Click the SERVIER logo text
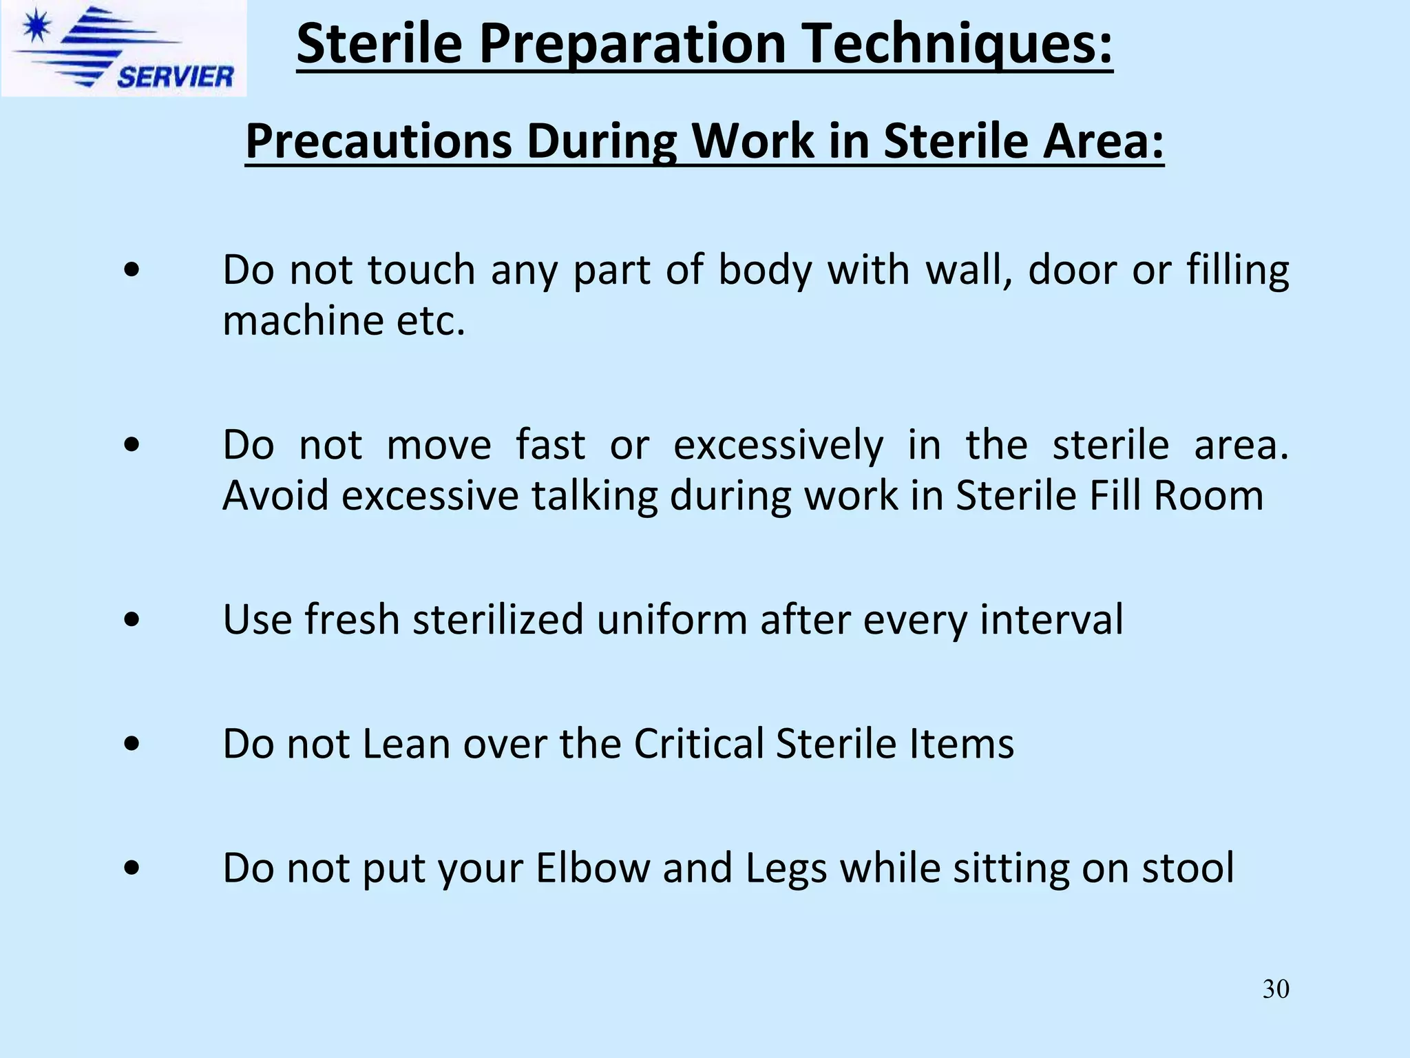(176, 76)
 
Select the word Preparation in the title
(632, 45)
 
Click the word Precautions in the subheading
(378, 142)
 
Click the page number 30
(1276, 989)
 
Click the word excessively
(778, 445)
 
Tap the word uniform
(671, 619)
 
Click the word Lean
(406, 744)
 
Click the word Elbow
(592, 868)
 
